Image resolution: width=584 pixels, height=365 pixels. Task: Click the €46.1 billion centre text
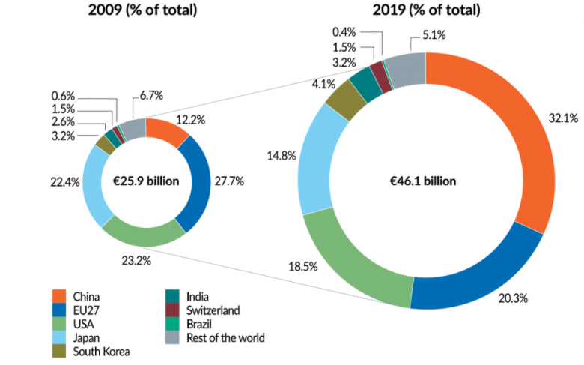tap(426, 181)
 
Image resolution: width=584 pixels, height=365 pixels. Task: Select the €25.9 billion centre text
tap(145, 181)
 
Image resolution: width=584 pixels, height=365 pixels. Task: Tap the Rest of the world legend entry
tap(217, 337)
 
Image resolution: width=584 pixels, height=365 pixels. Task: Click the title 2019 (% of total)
tap(425, 10)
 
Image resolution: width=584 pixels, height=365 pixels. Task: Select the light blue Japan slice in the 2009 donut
tap(94, 187)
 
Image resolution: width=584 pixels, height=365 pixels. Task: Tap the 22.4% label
tap(61, 181)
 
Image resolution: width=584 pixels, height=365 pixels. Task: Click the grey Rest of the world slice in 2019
tap(409, 67)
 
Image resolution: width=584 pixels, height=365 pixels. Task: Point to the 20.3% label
tap(513, 298)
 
